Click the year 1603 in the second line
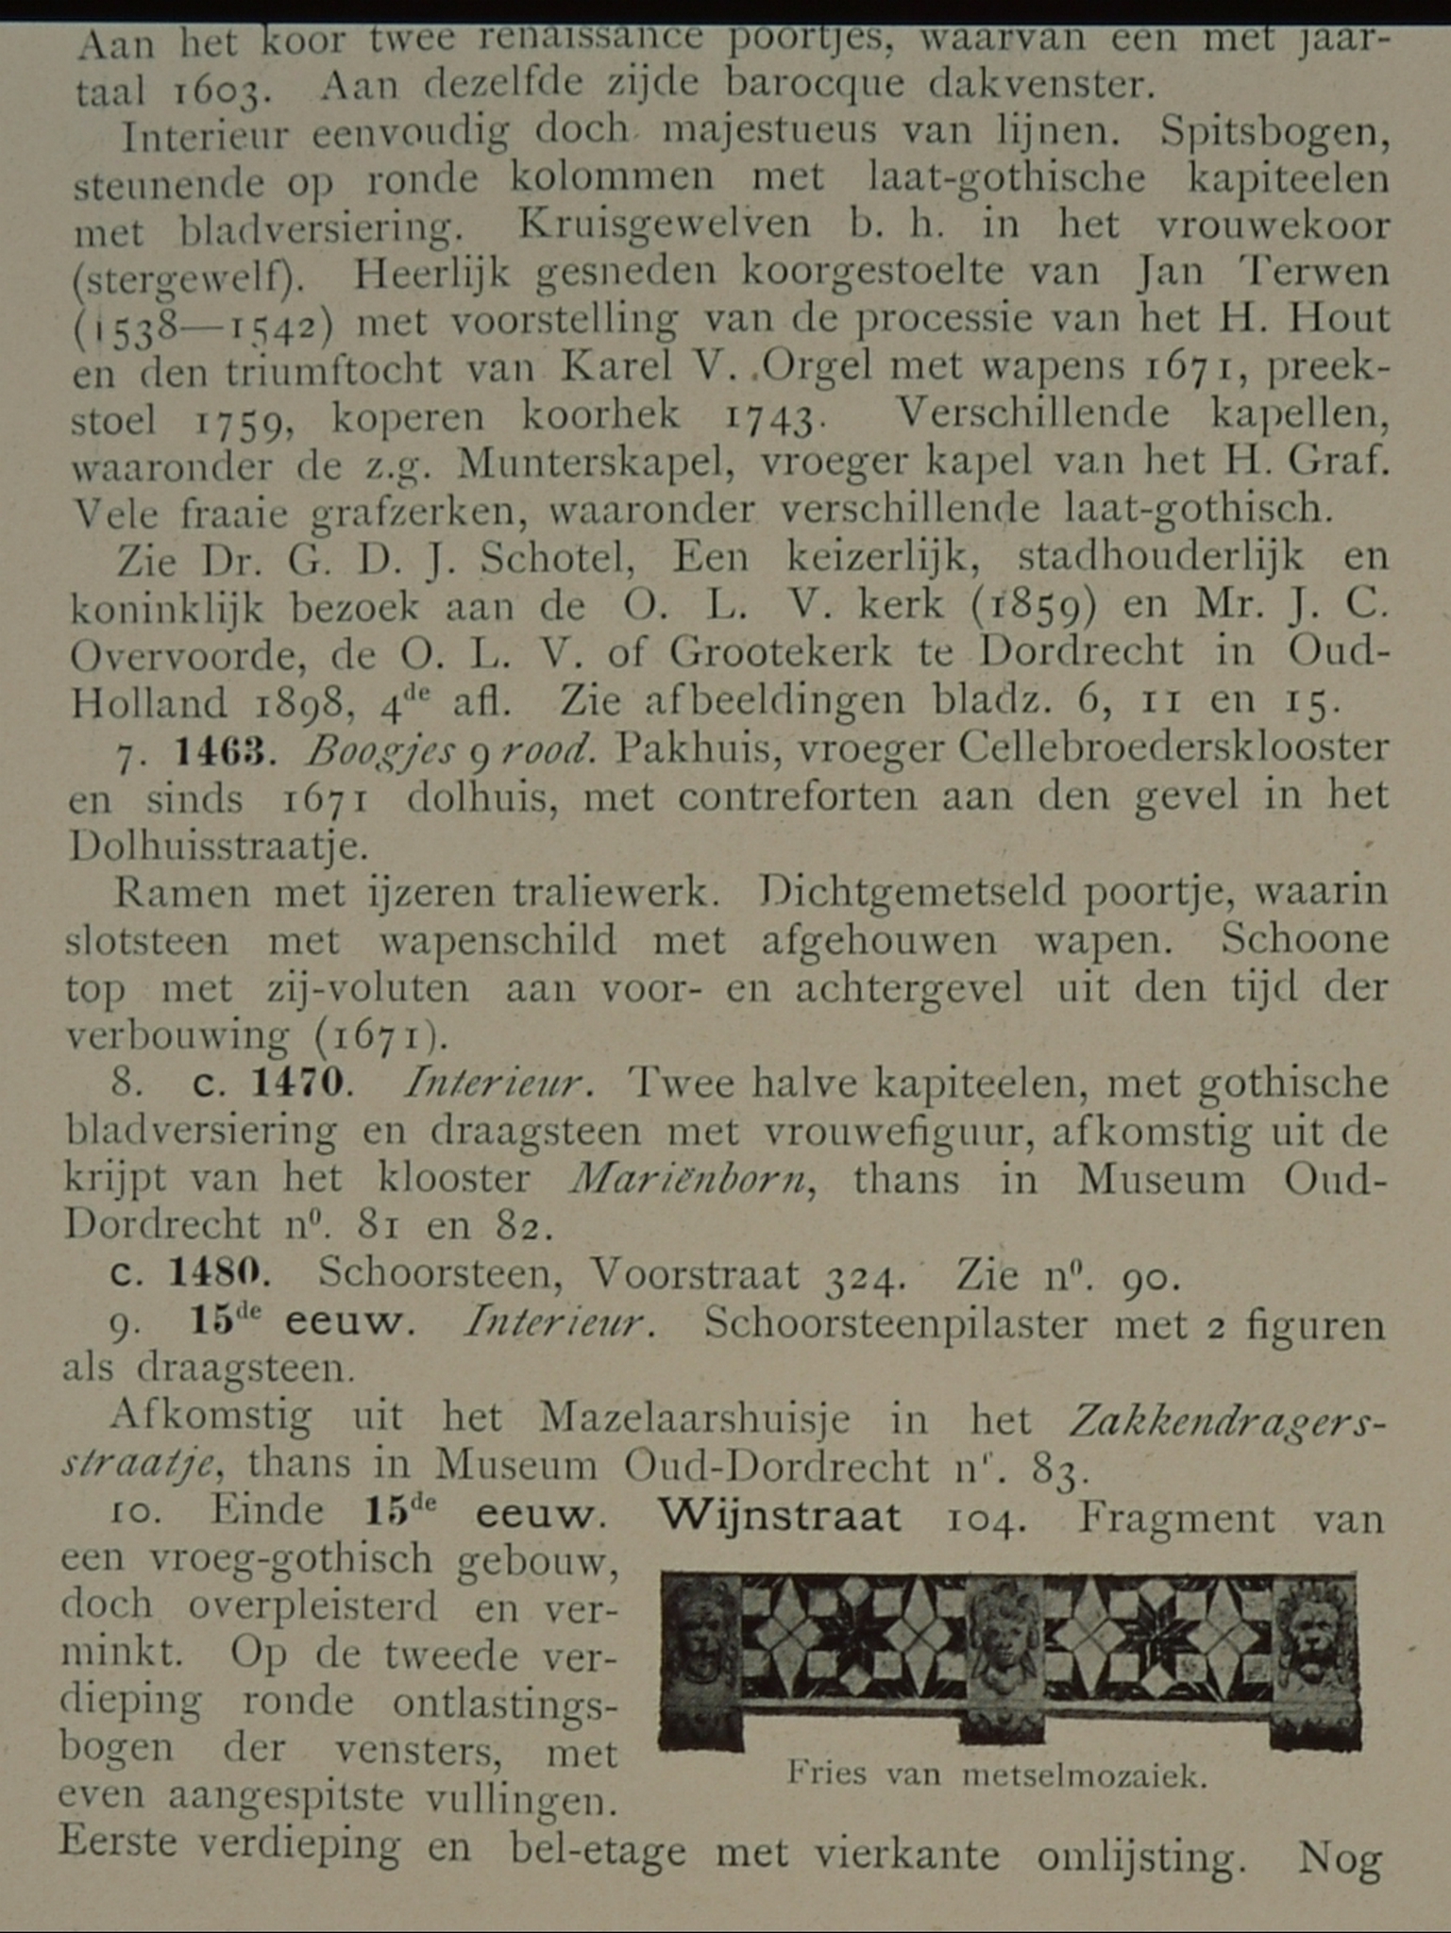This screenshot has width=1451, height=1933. (x=217, y=92)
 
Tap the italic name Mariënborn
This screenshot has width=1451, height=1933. (x=692, y=1179)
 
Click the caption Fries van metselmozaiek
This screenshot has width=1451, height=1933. (x=997, y=1775)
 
